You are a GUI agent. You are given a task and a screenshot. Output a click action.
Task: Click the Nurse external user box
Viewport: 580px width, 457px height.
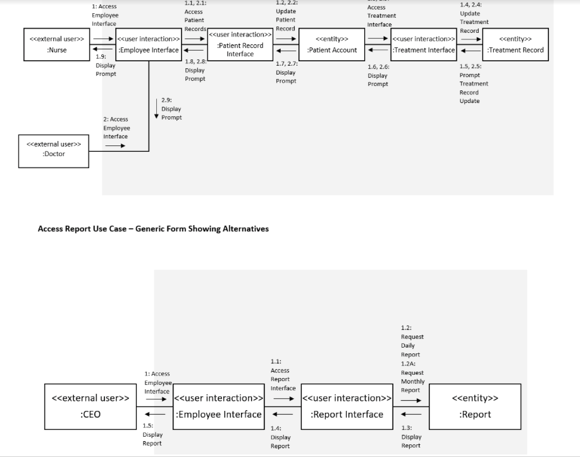click(x=54, y=44)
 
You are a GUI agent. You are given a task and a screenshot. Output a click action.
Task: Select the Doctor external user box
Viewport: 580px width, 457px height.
click(x=54, y=150)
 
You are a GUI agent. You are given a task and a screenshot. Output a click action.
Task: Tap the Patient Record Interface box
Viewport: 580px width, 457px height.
click(x=240, y=45)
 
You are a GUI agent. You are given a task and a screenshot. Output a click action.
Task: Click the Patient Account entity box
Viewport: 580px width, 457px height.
click(x=331, y=44)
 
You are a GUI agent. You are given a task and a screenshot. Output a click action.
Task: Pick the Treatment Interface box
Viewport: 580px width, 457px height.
click(x=423, y=44)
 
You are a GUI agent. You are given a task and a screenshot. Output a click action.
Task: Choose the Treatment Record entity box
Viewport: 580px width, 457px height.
click(x=515, y=44)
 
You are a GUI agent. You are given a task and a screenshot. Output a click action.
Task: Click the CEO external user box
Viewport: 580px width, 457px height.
click(x=90, y=406)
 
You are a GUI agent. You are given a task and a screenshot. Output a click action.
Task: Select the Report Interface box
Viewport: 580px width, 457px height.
click(x=347, y=406)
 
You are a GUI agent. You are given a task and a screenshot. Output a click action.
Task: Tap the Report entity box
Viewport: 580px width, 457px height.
click(x=475, y=406)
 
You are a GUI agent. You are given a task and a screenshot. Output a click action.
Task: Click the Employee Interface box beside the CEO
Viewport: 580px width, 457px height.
click(x=218, y=406)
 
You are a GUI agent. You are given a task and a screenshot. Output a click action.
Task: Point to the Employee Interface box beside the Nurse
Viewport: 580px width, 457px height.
click(x=149, y=44)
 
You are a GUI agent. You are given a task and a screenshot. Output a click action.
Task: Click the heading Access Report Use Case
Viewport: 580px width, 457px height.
click(x=153, y=229)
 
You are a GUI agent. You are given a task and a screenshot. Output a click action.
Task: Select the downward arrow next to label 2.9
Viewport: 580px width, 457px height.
click(x=156, y=109)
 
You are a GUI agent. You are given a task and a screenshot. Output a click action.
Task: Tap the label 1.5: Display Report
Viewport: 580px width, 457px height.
click(x=152, y=434)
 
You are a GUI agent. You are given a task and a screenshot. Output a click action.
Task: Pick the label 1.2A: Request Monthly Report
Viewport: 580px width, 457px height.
click(x=412, y=377)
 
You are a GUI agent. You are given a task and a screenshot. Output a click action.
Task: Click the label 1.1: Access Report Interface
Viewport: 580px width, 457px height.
click(x=283, y=375)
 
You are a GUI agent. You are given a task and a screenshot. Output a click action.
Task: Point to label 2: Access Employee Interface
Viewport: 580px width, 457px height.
click(x=116, y=128)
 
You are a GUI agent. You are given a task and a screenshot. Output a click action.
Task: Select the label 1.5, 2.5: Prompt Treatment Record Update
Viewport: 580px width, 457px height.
click(x=474, y=83)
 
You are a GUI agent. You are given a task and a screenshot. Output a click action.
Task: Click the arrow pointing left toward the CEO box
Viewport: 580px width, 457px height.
click(x=156, y=415)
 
